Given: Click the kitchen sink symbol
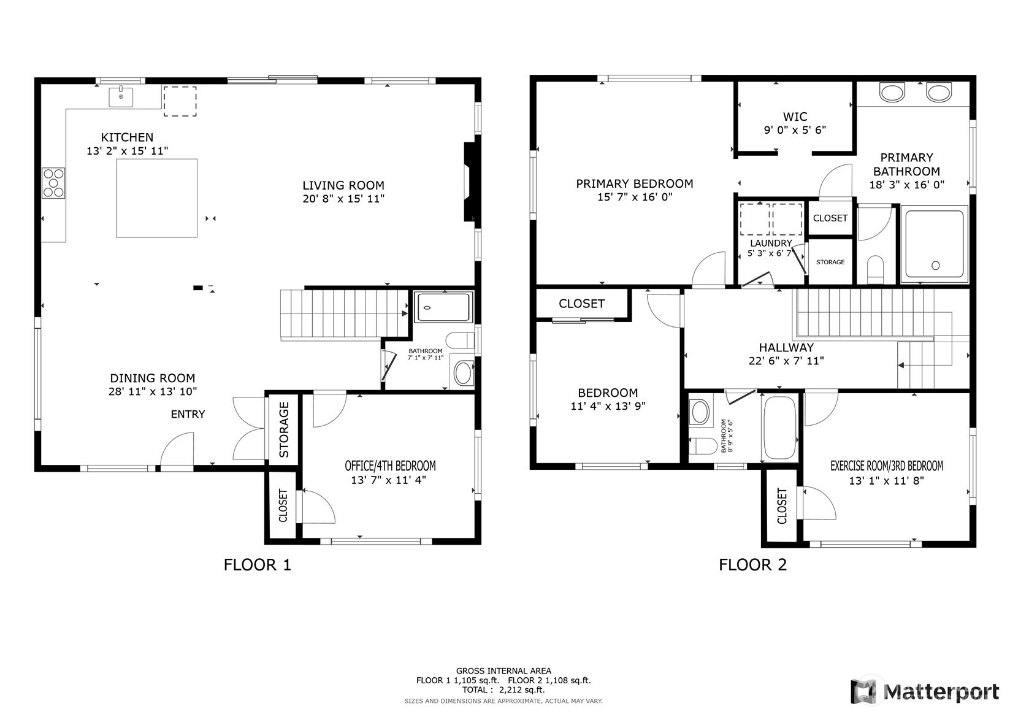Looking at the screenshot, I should pos(121,96).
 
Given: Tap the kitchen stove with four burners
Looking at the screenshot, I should pos(53,183).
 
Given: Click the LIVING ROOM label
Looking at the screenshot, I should pos(343,185).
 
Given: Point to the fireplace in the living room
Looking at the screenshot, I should pos(469,182).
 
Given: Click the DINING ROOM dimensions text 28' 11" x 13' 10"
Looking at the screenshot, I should pos(153,391).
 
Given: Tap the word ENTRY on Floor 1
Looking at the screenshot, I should pos(188,414).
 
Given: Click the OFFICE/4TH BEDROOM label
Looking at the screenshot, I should pos(390,466).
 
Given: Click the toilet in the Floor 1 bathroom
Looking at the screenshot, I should pos(461,340).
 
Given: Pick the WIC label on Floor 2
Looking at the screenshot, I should pos(795,117).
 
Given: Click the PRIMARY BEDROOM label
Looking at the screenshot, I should pos(634,183).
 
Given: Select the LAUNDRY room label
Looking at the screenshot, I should pos(770,243).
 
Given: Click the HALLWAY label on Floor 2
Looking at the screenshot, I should pos(786,347).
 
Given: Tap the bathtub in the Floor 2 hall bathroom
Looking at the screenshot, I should pos(779,428).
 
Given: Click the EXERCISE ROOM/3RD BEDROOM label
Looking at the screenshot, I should pos(886,466).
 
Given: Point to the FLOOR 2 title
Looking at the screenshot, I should pos(752,564).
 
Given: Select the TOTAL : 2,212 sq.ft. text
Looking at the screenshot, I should pos(503,689).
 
